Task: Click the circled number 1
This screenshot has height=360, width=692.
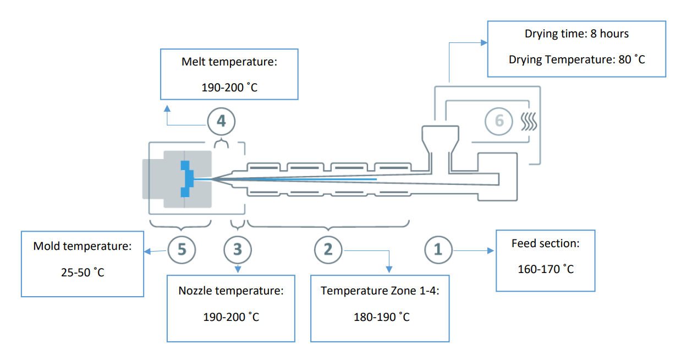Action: click(x=438, y=250)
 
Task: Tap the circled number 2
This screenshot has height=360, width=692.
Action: click(x=328, y=250)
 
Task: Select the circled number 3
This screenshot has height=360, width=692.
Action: click(x=237, y=250)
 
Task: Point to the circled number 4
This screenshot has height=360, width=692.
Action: click(x=221, y=121)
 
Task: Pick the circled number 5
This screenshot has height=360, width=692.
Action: click(x=182, y=250)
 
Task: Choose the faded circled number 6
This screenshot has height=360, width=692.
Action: click(x=499, y=121)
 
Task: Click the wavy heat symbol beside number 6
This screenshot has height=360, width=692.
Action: click(x=529, y=121)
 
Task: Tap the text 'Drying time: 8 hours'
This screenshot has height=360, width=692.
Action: click(x=576, y=34)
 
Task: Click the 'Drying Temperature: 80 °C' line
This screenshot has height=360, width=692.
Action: click(x=576, y=59)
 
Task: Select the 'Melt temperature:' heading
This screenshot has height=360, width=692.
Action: click(x=229, y=62)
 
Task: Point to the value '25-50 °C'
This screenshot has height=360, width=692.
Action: click(x=83, y=272)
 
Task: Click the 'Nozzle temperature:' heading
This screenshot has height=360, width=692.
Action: click(x=231, y=291)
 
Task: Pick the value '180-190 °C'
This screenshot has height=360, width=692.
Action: click(x=381, y=317)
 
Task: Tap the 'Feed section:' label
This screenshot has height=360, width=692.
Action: click(x=545, y=243)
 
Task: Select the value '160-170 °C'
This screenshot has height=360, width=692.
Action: click(x=545, y=269)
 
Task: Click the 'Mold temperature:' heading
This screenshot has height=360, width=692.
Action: click(x=83, y=246)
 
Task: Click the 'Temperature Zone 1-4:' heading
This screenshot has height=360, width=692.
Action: click(x=381, y=291)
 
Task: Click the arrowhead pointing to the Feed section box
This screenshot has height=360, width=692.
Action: click(x=492, y=250)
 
